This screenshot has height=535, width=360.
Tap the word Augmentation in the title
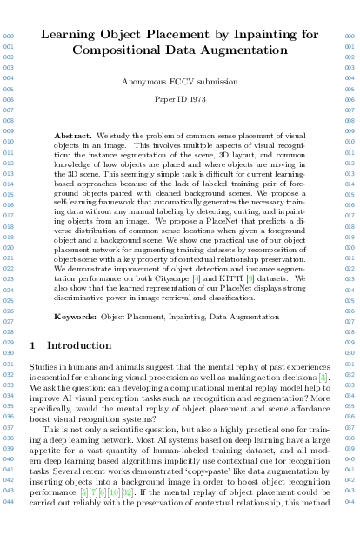(x=240, y=50)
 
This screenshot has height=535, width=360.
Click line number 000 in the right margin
(x=350, y=37)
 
